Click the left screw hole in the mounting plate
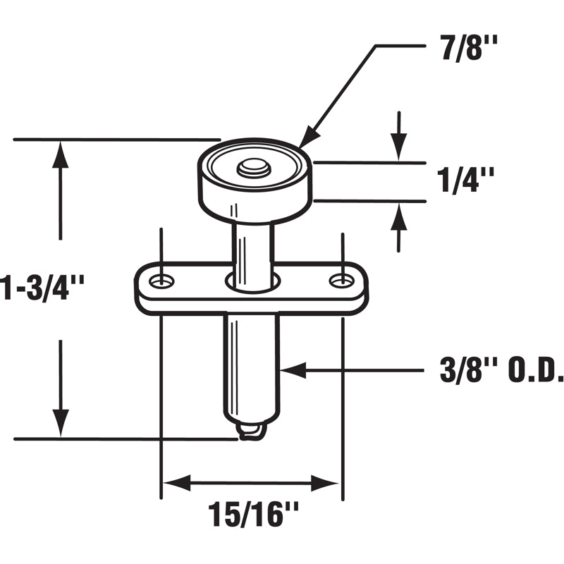click(163, 281)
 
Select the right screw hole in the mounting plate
click(342, 281)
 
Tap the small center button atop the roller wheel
click(254, 168)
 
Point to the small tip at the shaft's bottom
click(252, 431)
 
